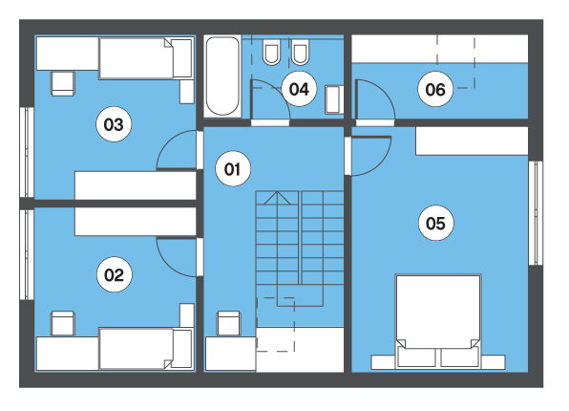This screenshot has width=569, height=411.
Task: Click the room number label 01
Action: click(233, 169)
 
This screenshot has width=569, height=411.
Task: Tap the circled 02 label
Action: click(115, 274)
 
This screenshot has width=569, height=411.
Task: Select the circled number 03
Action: click(114, 124)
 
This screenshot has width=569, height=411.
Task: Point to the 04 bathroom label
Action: click(299, 89)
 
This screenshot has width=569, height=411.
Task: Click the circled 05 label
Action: click(436, 223)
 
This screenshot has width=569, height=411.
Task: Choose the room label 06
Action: click(435, 89)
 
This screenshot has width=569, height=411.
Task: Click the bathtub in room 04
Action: click(222, 76)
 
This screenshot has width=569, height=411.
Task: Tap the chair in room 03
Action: click(63, 83)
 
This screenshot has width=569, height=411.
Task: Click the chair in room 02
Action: click(63, 323)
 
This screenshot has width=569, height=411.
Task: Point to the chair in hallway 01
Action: click(228, 323)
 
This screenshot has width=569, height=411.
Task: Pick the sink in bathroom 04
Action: click(334, 99)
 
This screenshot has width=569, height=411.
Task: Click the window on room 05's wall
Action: click(536, 213)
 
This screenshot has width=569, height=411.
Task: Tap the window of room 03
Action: click(27, 153)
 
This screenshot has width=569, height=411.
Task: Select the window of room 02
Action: click(27, 255)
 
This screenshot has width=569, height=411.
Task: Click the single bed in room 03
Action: click(145, 58)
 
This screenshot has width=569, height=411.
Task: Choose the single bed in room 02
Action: click(145, 349)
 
